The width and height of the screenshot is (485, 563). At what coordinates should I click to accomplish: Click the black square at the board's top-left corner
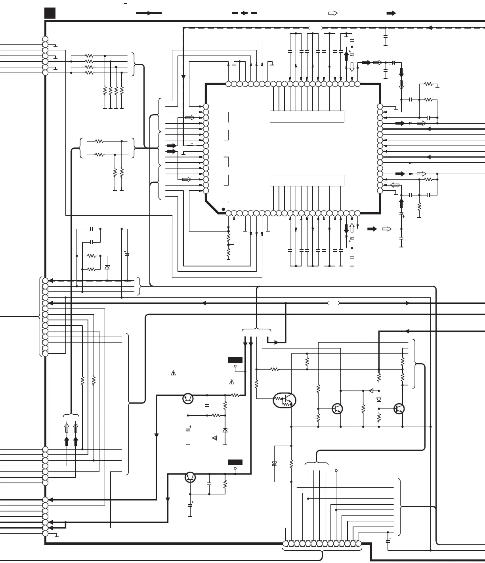[50, 13]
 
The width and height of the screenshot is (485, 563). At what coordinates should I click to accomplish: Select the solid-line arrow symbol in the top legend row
[149, 13]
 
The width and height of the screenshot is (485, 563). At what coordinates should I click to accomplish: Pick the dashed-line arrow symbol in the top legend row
[244, 13]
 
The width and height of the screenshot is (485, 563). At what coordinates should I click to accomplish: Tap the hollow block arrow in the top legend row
[333, 13]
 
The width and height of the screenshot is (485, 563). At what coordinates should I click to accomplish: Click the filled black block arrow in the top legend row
[391, 13]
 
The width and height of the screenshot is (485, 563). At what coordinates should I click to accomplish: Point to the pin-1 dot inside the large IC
[223, 209]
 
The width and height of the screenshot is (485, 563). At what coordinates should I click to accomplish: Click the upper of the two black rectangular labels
[235, 360]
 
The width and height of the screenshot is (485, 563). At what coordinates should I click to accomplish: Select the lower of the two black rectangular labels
[235, 462]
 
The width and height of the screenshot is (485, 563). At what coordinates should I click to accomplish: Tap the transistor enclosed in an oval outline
[285, 400]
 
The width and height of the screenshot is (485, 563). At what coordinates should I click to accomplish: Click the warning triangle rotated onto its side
[215, 438]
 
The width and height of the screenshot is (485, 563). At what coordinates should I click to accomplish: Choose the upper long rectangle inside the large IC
[307, 117]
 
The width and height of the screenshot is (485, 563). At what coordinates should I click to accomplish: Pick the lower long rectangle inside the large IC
[307, 180]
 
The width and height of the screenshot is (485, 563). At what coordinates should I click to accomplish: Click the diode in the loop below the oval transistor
[274, 463]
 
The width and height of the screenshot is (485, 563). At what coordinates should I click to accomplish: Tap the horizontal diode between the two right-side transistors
[371, 391]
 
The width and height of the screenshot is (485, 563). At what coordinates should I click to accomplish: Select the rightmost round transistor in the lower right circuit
[399, 408]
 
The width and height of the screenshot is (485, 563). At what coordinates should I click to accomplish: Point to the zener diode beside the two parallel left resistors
[107, 267]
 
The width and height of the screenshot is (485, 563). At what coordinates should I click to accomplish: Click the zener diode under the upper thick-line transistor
[225, 430]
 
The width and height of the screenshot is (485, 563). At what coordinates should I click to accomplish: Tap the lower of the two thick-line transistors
[191, 477]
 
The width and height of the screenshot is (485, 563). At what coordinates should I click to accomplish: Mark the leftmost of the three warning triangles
[173, 373]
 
